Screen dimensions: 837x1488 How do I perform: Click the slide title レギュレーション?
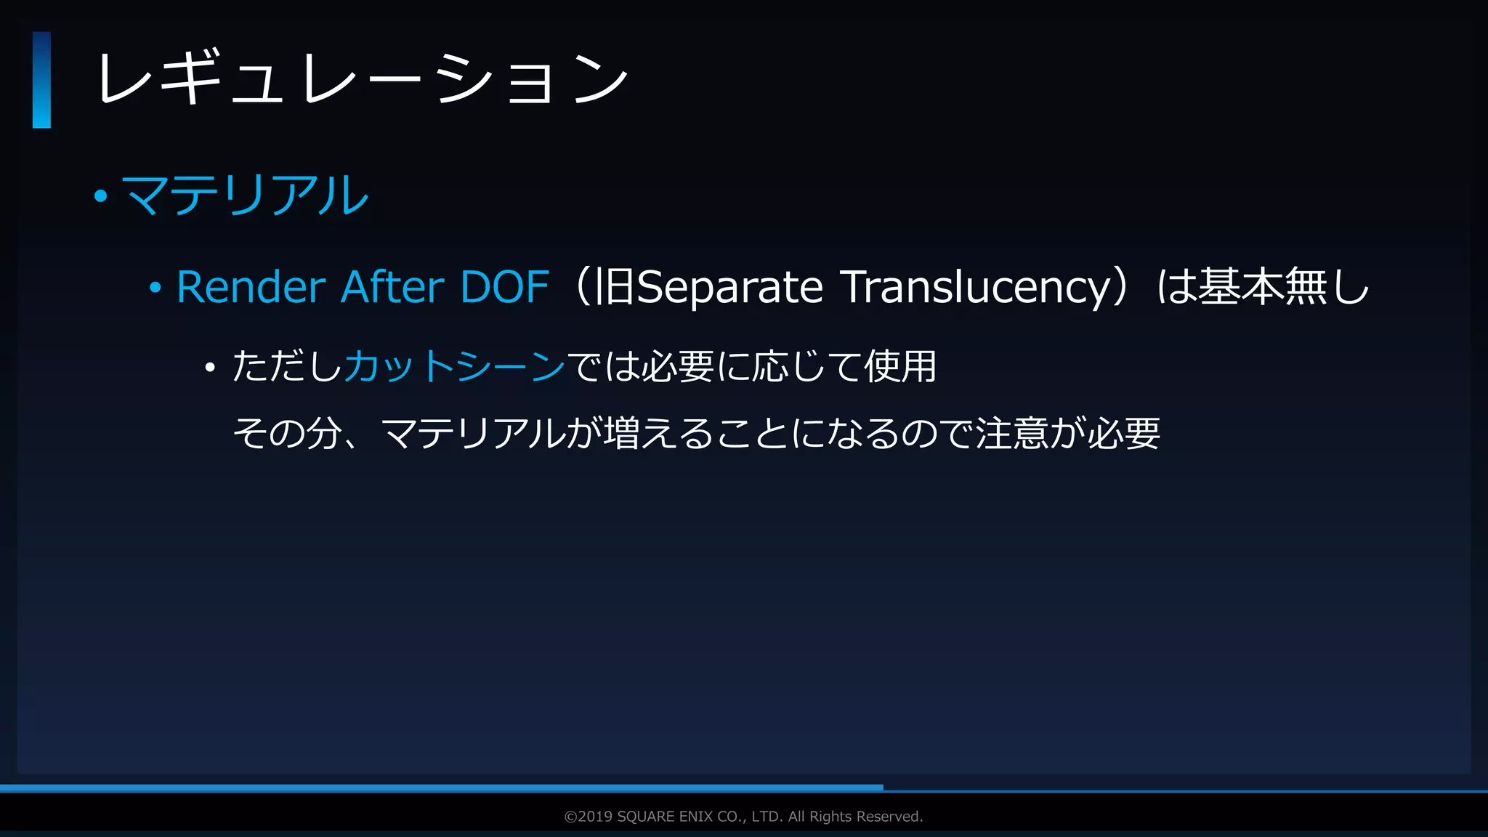pos(362,78)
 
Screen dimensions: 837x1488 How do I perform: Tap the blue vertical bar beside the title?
pos(41,80)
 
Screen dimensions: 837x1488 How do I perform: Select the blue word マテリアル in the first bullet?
pos(246,195)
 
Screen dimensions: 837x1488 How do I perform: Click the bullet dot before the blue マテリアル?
pos(101,195)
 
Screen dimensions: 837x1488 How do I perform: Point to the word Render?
pos(251,287)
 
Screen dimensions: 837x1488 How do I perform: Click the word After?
pos(392,287)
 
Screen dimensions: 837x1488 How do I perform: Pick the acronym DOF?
pos(504,287)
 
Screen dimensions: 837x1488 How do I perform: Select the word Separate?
pos(729,288)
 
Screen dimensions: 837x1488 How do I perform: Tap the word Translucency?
pos(975,288)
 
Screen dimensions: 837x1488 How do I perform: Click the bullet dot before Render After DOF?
pos(155,288)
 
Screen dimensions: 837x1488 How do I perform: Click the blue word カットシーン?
pos(455,365)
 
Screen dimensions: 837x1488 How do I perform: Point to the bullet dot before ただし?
pos(210,368)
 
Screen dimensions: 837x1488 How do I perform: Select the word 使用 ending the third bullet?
pos(900,365)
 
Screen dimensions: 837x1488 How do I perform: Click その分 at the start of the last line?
pos(287,434)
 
